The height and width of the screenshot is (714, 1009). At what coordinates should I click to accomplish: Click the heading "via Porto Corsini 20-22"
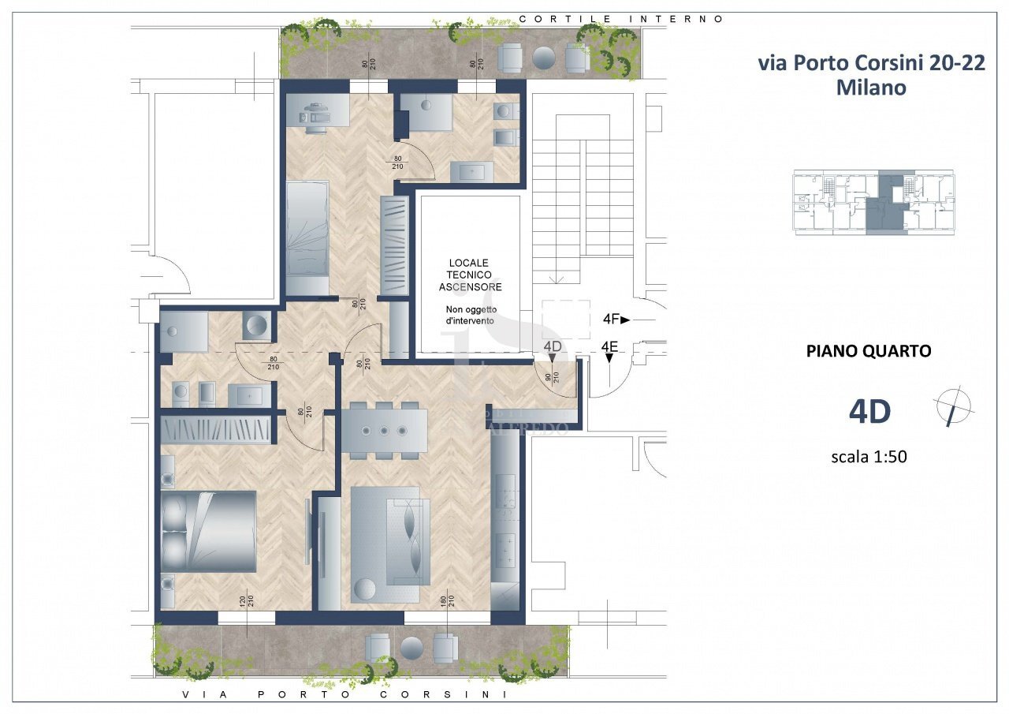pyautogui.click(x=871, y=63)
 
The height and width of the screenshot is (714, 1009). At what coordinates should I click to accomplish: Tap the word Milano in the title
pyautogui.click(x=871, y=88)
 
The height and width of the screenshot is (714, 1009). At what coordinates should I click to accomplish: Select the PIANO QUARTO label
pyautogui.click(x=869, y=351)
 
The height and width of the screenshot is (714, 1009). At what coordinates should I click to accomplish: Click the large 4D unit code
pyautogui.click(x=869, y=411)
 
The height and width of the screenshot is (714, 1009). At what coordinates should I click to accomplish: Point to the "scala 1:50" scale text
pyautogui.click(x=869, y=456)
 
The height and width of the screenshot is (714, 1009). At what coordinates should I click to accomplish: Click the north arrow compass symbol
pyautogui.click(x=953, y=407)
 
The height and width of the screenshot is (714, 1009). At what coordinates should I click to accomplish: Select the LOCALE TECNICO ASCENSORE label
pyautogui.click(x=470, y=275)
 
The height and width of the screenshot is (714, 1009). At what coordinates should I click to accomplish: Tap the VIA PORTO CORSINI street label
pyautogui.click(x=343, y=695)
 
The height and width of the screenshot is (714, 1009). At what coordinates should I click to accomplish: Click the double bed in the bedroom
pyautogui.click(x=208, y=531)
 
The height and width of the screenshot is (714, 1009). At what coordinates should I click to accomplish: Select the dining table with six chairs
pyautogui.click(x=384, y=430)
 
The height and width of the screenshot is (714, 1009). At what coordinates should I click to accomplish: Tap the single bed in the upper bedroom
pyautogui.click(x=307, y=237)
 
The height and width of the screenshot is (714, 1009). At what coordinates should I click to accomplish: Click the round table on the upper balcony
pyautogui.click(x=544, y=57)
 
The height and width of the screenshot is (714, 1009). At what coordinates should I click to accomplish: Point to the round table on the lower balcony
pyautogui.click(x=411, y=648)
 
